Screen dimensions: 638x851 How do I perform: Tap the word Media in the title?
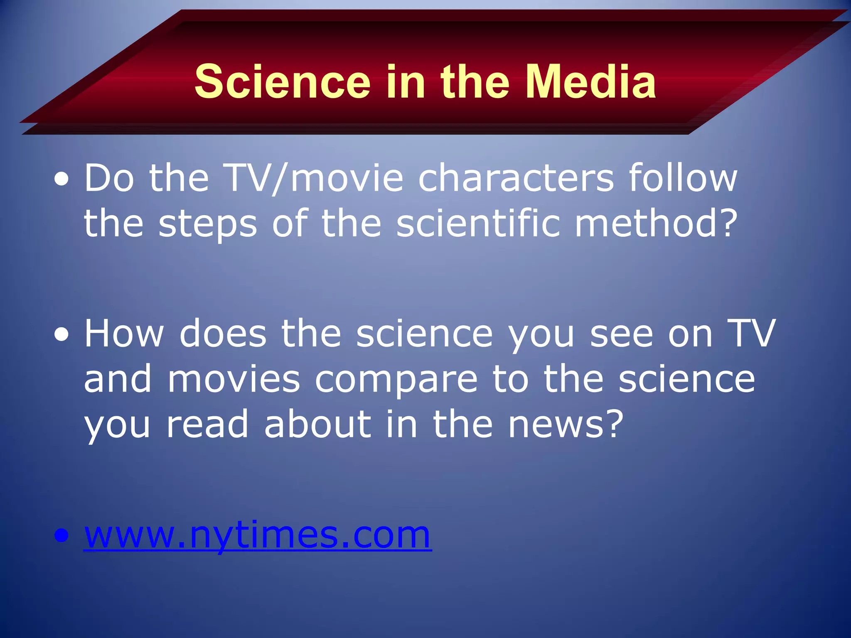[590, 82]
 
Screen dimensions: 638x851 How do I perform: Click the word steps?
[208, 224]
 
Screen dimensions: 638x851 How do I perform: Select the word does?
[223, 334]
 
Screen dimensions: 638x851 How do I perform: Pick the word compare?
[396, 380]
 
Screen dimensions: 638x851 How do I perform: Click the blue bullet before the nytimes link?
[61, 536]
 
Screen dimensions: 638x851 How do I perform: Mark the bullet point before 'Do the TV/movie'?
[61, 180]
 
